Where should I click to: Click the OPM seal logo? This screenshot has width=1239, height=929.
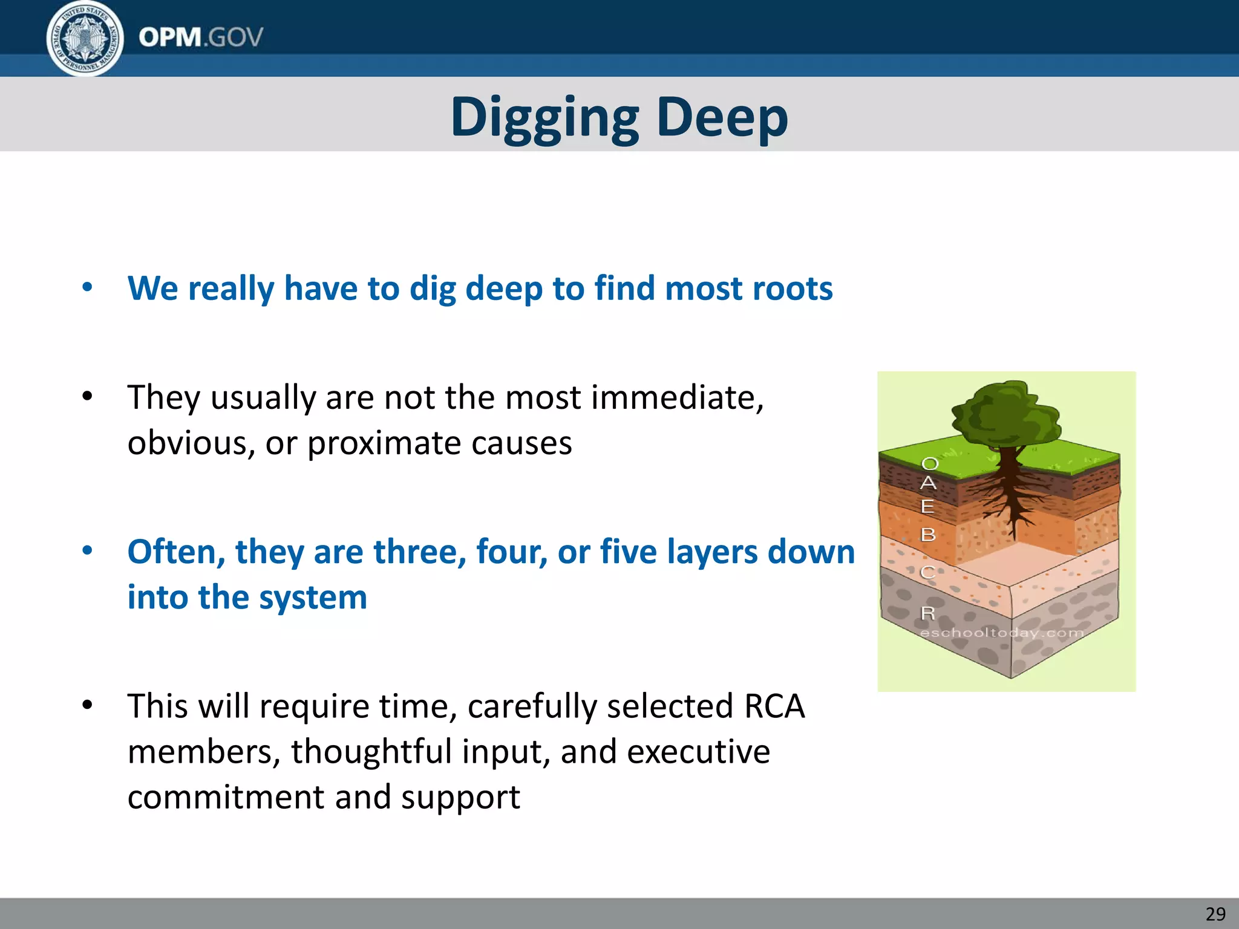click(85, 39)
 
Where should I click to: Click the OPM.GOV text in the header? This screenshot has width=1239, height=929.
click(201, 37)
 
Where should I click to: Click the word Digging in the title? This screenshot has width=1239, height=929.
click(544, 117)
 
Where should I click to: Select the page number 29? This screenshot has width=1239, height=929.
click(1215, 913)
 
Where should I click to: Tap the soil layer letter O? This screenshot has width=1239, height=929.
click(930, 464)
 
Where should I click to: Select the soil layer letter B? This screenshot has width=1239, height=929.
click(928, 535)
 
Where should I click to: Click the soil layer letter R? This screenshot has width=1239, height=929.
click(927, 613)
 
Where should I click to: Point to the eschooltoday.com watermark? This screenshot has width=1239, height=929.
click(1002, 633)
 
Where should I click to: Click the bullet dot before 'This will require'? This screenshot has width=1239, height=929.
click(88, 705)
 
